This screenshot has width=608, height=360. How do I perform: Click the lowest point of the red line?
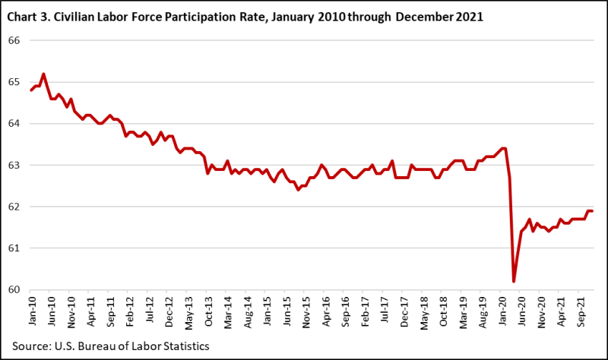coord(514,281)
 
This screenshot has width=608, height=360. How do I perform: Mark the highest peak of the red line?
coord(43,74)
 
